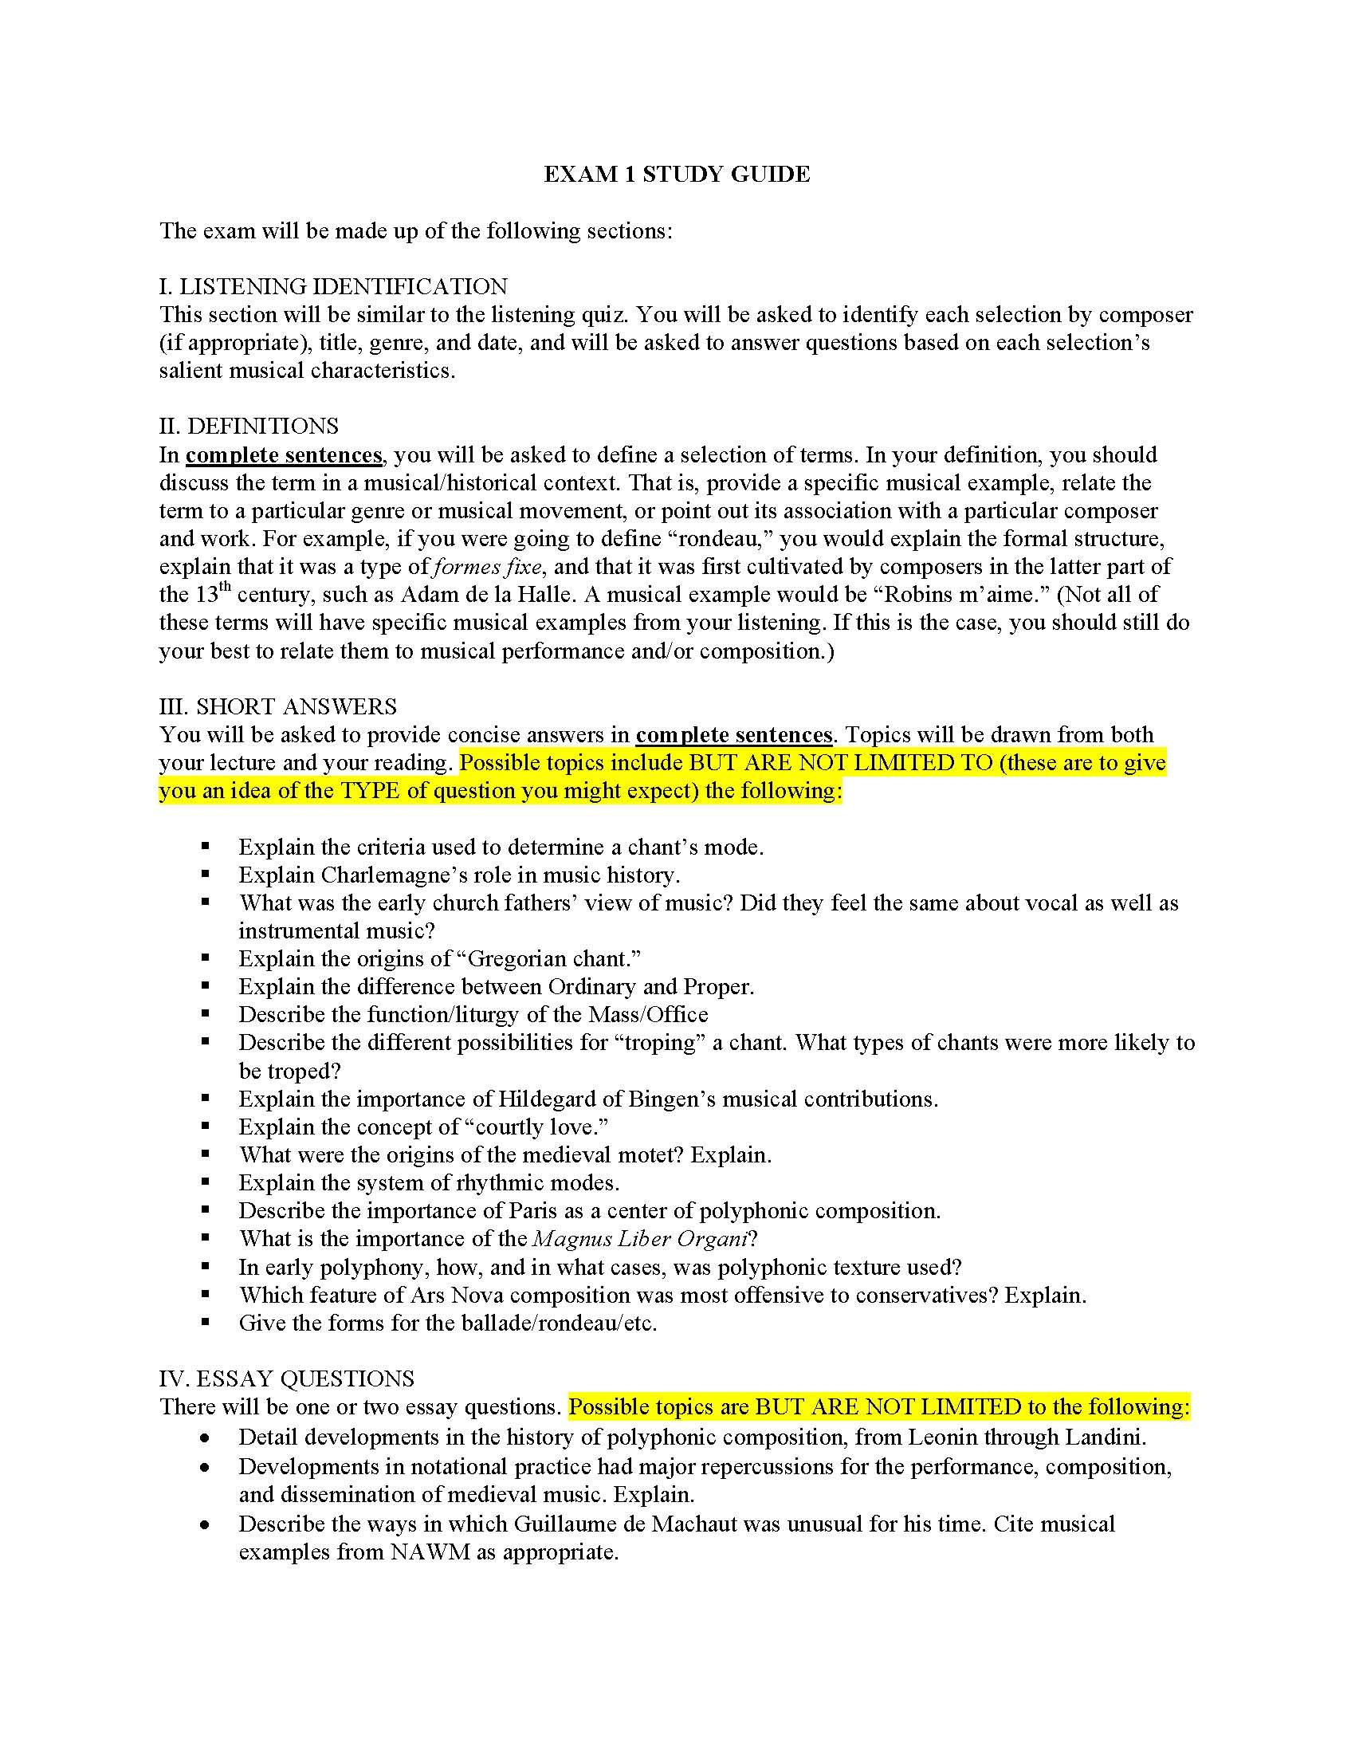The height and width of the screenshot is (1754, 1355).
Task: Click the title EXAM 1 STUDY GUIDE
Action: click(677, 175)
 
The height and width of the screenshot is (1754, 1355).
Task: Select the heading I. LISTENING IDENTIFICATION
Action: click(333, 287)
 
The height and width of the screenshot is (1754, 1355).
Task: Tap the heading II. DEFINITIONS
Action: click(249, 426)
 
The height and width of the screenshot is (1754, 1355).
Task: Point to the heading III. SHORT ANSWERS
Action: click(277, 706)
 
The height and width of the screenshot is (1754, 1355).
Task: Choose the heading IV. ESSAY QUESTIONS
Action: click(287, 1379)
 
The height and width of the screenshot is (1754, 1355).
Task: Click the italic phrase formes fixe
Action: click(488, 567)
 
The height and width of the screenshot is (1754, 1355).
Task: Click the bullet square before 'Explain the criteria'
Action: click(206, 846)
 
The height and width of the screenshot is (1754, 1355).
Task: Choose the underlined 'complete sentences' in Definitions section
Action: click(284, 455)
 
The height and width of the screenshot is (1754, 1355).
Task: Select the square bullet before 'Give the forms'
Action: click(206, 1322)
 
